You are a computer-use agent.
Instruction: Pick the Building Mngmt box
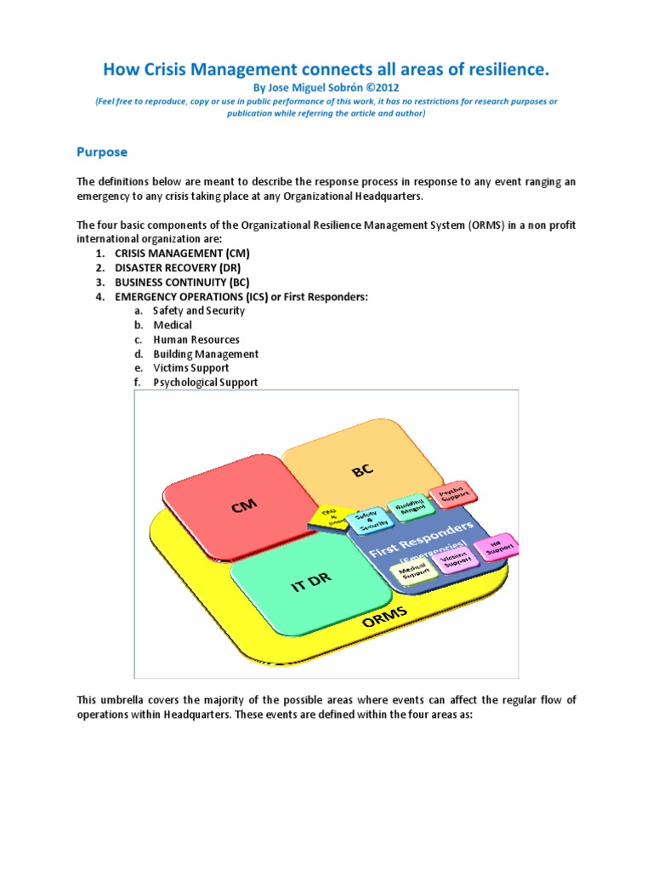pyautogui.click(x=406, y=507)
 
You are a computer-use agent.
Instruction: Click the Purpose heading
pyautogui.click(x=102, y=152)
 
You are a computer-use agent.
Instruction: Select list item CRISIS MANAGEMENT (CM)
pyautogui.click(x=183, y=253)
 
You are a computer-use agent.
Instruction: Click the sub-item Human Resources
pyautogui.click(x=196, y=339)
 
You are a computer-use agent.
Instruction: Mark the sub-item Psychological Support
pyautogui.click(x=205, y=383)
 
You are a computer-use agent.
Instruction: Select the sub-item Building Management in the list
pyautogui.click(x=206, y=354)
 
